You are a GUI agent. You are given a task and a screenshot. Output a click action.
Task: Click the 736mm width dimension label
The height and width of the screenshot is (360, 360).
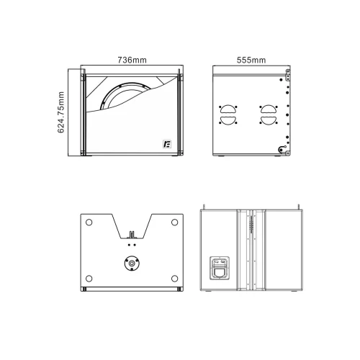(x=132, y=60)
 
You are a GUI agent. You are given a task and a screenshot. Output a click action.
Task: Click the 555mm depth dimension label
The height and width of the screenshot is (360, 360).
(x=251, y=60)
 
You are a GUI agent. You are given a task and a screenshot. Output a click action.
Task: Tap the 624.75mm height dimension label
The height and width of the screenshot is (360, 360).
(x=61, y=112)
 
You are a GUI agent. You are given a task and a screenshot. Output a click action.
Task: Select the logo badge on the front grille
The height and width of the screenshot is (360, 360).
(x=167, y=144)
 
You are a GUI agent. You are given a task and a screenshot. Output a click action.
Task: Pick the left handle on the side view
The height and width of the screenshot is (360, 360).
(x=228, y=114)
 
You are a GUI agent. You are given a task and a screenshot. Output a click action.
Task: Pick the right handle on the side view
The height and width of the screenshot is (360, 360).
(x=269, y=114)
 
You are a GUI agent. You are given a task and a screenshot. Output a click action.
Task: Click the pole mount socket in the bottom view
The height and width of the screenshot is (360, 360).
(x=132, y=264)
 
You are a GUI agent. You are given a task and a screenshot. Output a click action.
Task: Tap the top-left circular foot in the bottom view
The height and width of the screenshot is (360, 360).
(x=89, y=222)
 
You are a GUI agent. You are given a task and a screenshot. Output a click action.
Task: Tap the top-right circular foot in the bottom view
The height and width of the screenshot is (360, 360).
(x=174, y=222)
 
